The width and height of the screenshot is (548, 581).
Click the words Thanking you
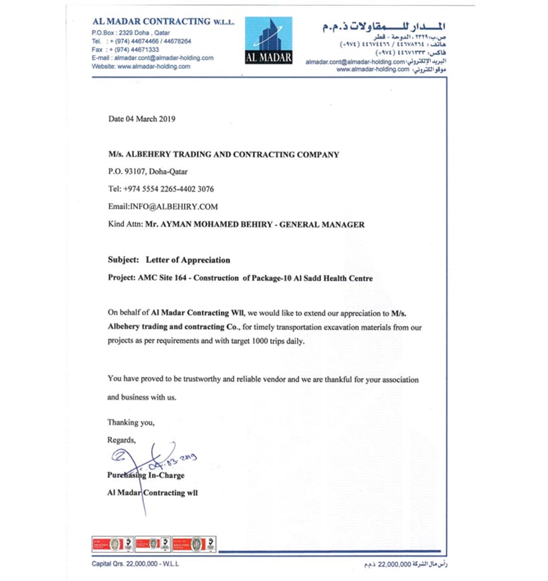pyautogui.click(x=131, y=422)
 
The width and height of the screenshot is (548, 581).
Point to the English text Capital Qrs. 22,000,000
pyautogui.click(x=128, y=564)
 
